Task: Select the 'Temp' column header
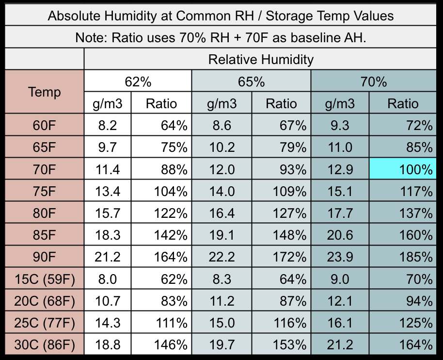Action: (44, 92)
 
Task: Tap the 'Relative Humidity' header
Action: (261, 60)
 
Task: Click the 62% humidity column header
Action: (138, 82)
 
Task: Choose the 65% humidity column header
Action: (251, 82)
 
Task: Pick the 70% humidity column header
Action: (373, 82)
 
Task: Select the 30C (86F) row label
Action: (44, 345)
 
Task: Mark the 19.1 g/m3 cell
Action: (221, 235)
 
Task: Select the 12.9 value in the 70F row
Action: (339, 170)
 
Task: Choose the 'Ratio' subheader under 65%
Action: (281, 103)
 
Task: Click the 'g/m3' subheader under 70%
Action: (339, 103)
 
